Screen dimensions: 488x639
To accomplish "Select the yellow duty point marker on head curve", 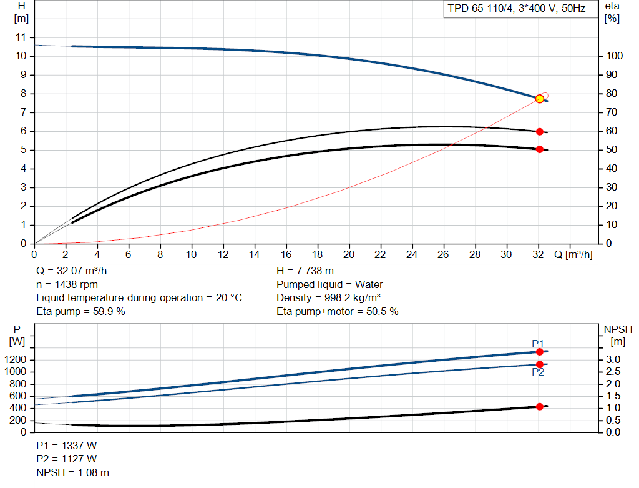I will coord(540,99).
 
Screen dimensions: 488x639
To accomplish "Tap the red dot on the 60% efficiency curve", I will coord(540,132).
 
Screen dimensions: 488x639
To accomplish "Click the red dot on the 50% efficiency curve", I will coord(540,149).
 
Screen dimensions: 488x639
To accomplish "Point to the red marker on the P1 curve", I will coord(540,352).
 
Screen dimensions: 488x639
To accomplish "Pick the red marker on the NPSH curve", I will coord(540,407).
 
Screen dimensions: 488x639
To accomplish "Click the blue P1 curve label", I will coord(538,343).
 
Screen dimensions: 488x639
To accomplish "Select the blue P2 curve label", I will coord(538,372).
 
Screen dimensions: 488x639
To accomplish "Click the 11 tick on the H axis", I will coord(22,37).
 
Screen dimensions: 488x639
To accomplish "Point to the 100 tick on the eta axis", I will coord(614,56).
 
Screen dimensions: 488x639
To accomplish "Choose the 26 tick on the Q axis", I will coord(443,255).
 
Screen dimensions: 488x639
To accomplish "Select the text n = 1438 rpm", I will coord(66,284).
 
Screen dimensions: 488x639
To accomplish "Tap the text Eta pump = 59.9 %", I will coord(81,311).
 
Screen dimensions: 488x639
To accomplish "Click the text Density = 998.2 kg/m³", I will coord(331,298).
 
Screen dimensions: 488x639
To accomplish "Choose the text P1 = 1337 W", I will coord(67,446).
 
